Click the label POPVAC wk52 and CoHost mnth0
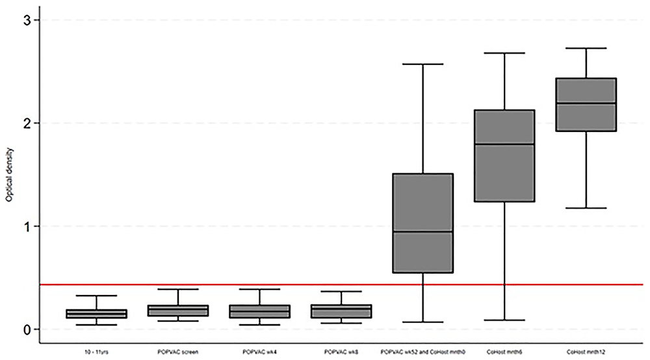point(423,351)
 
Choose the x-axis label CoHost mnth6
point(505,351)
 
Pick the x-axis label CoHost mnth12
point(586,351)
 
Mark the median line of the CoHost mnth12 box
point(586,103)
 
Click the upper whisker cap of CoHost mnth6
point(505,53)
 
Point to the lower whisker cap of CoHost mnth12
point(586,208)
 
